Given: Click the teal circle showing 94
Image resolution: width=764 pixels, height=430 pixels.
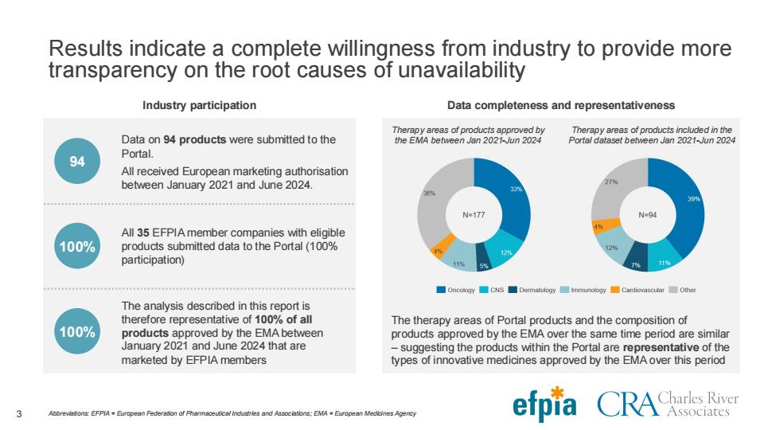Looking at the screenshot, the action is pos(77,161).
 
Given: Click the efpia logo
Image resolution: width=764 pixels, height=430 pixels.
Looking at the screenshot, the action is pos(544,405).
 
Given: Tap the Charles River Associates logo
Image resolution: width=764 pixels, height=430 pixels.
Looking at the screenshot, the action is pos(668,405).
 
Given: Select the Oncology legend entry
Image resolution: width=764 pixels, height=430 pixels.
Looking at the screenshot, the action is pos(455,290).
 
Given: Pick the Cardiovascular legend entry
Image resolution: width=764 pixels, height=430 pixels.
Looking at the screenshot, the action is pos(637,290).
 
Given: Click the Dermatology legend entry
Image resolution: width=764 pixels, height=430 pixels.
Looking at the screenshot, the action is pos(532,290).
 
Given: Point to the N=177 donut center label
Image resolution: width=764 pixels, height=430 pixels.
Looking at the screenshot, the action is pos(474,214).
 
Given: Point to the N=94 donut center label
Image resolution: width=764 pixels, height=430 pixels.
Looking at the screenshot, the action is pos(648,214).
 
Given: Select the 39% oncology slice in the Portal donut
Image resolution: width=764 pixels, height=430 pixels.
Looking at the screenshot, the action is pos(687,205).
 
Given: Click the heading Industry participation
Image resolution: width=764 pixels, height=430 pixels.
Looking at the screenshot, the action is pos(199,105).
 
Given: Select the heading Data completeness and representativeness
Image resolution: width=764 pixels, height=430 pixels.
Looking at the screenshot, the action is pos(561,105).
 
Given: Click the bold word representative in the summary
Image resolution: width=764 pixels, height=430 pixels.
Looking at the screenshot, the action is pos(661,348).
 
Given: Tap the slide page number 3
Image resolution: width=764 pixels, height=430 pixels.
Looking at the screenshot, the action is pos(19,414).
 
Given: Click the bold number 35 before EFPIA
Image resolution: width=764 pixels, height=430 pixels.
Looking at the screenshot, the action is pos(142,233).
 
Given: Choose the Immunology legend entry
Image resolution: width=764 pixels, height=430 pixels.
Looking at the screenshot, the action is pos(583,290).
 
